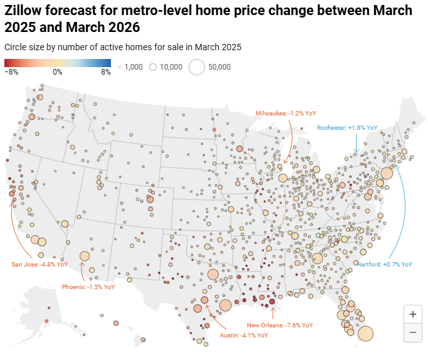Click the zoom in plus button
point(412,314)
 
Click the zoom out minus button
point(412,332)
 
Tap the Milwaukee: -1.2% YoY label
point(286,113)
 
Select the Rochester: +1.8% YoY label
point(347,127)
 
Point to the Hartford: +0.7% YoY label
point(385,265)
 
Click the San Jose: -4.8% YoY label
point(39,264)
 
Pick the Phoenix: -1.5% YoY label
point(88,287)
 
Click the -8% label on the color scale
point(11,72)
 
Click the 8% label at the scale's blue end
point(107,72)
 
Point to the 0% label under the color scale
point(57,72)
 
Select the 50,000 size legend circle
point(197,66)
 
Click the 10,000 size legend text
point(170,66)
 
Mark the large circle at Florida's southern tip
point(365,333)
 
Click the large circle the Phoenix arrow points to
point(85,256)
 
